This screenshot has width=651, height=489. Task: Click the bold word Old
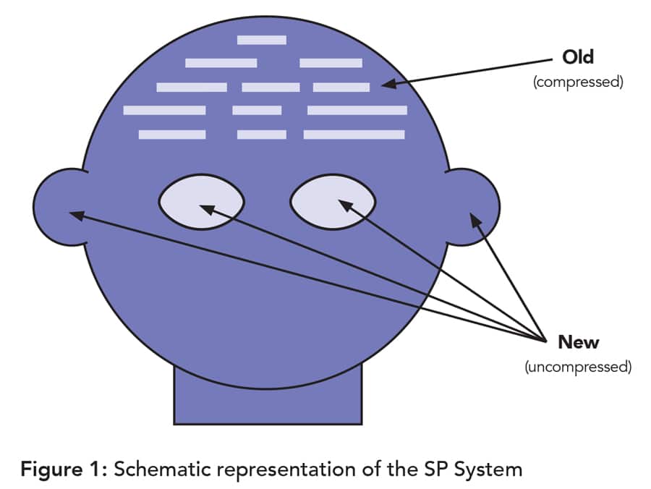tap(578, 56)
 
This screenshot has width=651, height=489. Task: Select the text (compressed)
tap(578, 82)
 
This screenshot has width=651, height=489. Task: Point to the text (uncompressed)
tap(578, 367)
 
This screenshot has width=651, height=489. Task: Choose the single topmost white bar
tap(261, 40)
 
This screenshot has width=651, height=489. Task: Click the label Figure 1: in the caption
tap(64, 469)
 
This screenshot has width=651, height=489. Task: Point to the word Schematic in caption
tap(159, 469)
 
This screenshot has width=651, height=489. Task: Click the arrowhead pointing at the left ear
tap(75, 213)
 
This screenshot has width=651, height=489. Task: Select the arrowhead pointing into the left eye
tap(205, 208)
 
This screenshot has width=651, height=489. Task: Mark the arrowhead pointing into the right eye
tap(344, 205)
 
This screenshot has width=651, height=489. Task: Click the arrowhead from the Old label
tap(387, 85)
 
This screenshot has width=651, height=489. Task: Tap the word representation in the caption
tap(280, 469)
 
